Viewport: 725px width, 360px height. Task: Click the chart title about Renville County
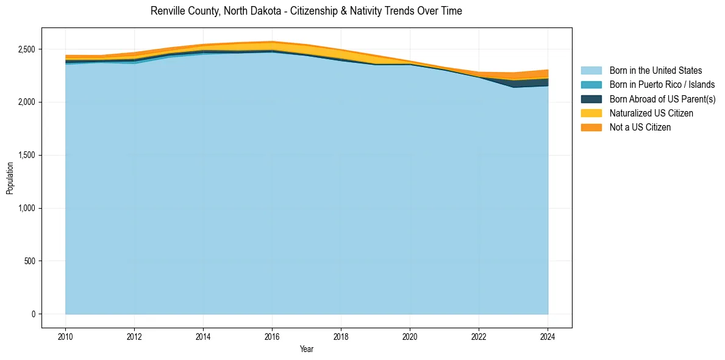306,11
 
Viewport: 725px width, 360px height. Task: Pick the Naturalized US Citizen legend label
651,113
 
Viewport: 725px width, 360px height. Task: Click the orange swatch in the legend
591,128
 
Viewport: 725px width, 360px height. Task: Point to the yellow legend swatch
591,113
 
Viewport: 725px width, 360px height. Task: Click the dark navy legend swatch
591,99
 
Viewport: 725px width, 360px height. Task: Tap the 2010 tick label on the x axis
65,336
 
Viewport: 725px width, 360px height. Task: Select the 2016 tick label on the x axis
272,336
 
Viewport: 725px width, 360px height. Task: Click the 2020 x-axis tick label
410,336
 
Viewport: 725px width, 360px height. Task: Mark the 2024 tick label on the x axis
548,336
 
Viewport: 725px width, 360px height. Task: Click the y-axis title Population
10,178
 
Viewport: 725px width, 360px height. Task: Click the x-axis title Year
307,349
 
